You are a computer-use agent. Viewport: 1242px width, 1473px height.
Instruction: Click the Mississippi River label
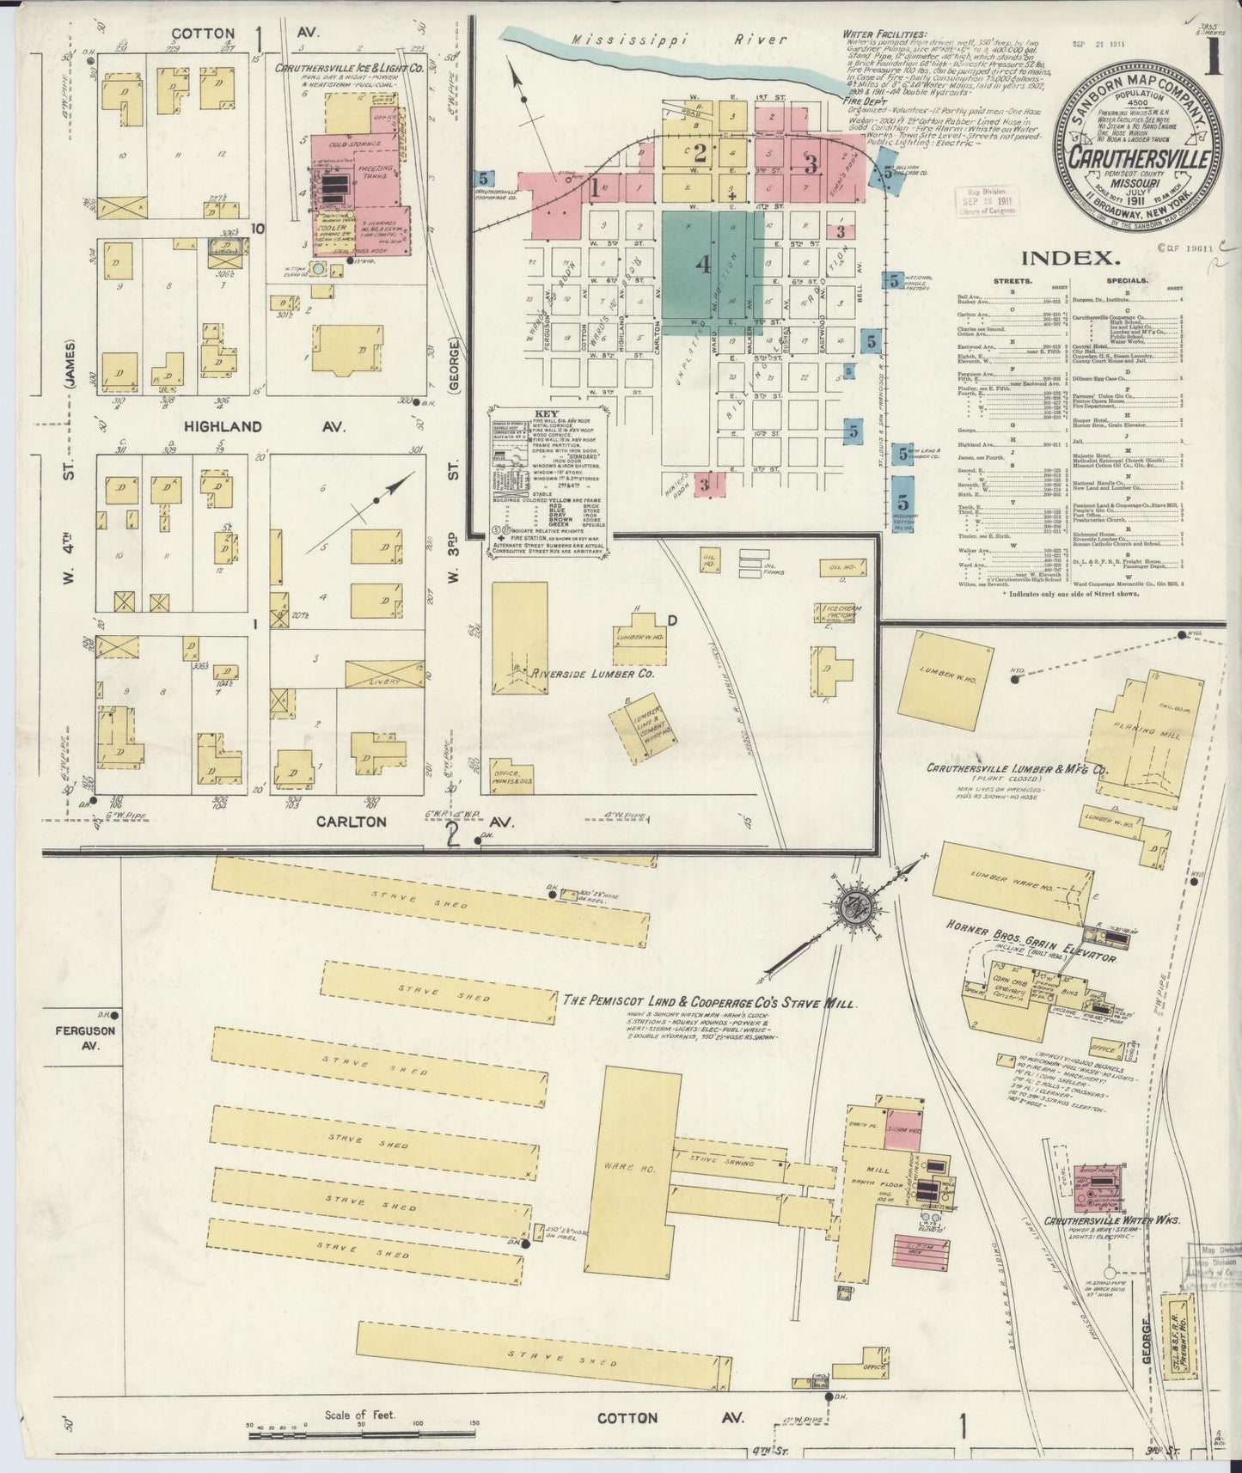click(x=679, y=40)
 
